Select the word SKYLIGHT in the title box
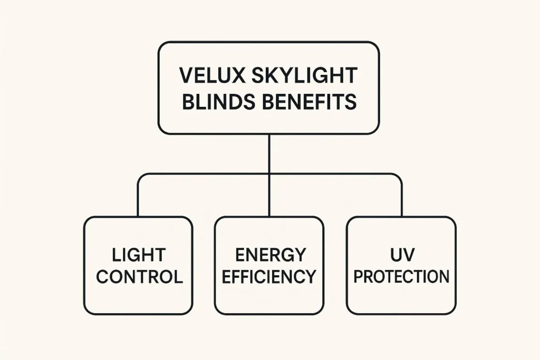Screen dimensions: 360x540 tap(305, 75)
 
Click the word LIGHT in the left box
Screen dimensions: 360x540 tap(139, 255)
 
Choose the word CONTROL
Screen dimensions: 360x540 tap(139, 277)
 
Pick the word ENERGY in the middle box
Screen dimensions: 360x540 tap(269, 255)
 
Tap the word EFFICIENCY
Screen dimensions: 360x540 tap(269, 277)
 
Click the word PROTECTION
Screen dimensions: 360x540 tap(401, 277)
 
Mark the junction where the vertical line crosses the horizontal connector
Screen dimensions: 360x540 tap(269, 173)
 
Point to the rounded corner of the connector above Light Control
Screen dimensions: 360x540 tap(141, 177)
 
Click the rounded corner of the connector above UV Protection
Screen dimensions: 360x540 tap(399, 177)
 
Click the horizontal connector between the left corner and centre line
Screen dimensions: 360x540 tap(206, 173)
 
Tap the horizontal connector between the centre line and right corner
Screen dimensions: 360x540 tap(335, 173)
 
